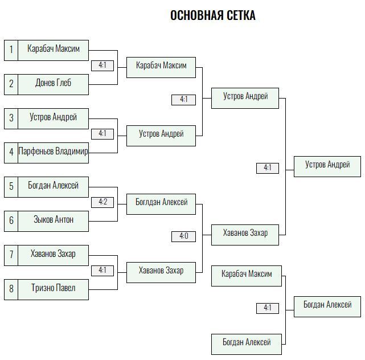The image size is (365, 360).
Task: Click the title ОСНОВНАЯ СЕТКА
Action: (x=213, y=15)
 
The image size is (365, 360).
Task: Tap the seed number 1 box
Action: (x=11, y=50)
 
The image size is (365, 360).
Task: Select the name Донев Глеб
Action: (x=54, y=83)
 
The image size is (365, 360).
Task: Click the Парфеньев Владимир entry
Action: (x=54, y=153)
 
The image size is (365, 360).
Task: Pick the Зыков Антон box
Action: (x=54, y=221)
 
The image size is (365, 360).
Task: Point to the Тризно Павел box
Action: (x=54, y=289)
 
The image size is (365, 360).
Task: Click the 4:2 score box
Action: (x=102, y=202)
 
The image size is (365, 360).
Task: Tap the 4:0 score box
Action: (x=183, y=236)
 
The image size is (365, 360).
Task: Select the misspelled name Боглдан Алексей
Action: (x=161, y=202)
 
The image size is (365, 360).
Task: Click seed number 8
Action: (x=11, y=289)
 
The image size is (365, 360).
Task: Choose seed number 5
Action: (x=11, y=187)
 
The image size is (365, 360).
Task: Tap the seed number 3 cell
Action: (x=11, y=118)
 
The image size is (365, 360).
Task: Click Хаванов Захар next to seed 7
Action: (x=54, y=254)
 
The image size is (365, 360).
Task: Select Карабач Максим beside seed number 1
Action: (x=54, y=48)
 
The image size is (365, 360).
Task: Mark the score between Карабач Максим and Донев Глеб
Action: (x=102, y=66)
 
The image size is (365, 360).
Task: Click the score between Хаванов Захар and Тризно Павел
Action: (x=102, y=271)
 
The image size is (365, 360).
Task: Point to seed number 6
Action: (x=11, y=221)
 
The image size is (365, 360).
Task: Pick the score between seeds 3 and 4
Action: (x=102, y=134)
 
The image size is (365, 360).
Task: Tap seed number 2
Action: (x=11, y=84)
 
